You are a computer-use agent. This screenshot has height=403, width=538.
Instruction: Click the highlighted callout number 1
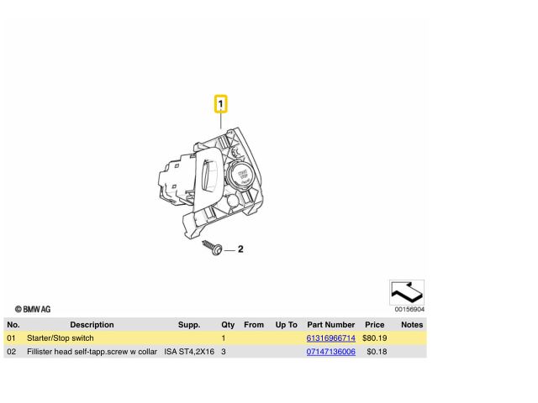[221, 105]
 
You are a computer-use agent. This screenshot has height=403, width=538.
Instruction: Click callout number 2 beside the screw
[240, 249]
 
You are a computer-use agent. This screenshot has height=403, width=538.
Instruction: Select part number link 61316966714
[330, 338]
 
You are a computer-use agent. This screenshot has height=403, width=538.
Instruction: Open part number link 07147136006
[330, 352]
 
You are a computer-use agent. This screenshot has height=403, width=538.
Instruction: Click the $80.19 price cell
[374, 338]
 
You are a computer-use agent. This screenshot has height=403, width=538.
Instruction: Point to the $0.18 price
[377, 352]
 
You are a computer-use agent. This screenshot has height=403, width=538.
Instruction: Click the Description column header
[92, 324]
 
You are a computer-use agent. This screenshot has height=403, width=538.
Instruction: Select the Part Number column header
[330, 324]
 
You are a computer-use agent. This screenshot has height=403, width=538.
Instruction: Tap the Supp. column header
[189, 324]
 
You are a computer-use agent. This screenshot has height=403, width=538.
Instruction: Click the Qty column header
[228, 324]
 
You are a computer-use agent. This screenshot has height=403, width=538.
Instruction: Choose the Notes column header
[412, 324]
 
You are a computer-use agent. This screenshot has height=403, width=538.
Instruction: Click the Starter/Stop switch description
[61, 338]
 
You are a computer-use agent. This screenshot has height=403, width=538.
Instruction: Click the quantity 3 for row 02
[224, 352]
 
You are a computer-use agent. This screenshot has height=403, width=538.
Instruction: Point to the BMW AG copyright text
[33, 310]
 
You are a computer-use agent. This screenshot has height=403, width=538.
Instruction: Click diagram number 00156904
[409, 309]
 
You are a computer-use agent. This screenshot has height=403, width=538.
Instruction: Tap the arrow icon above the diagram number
[407, 292]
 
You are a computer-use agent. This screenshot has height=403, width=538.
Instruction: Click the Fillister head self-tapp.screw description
[92, 352]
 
